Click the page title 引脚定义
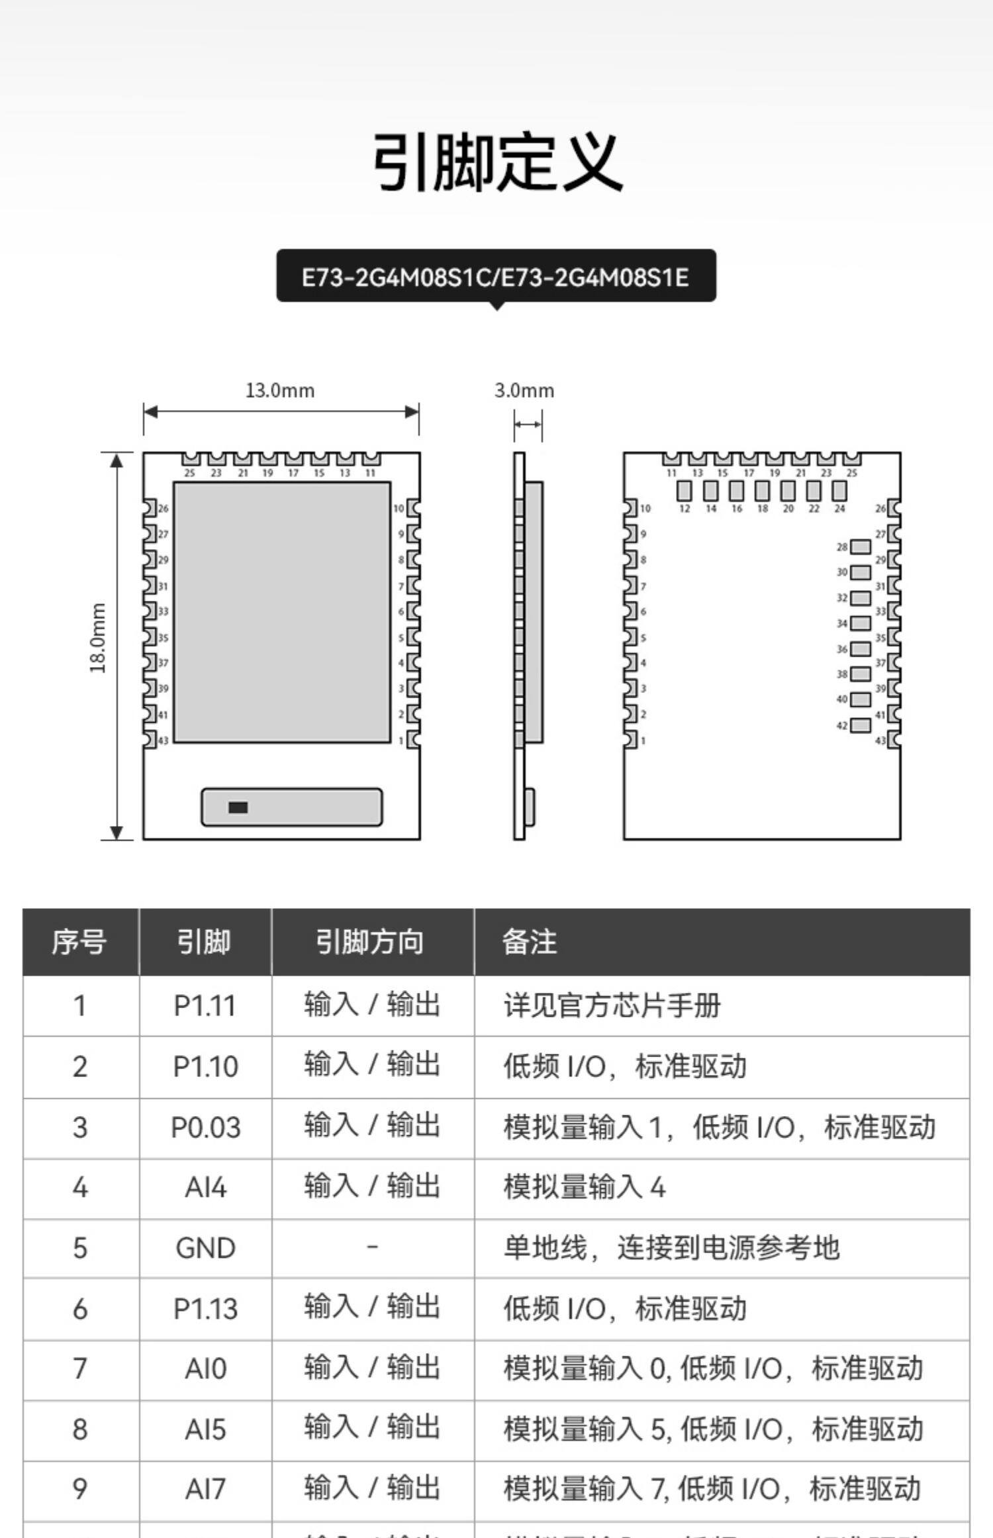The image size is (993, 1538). point(498,162)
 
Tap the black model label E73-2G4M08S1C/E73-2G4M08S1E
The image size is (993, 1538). point(496,276)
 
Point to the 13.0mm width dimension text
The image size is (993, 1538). point(280,390)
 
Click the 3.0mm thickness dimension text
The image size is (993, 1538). point(524,390)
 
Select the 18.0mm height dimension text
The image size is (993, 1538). point(98,638)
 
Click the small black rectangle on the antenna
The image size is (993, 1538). point(238,807)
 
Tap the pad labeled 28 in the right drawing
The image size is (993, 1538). point(860,546)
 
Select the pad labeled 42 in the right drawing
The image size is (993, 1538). point(860,725)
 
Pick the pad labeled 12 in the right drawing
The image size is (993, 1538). point(685,491)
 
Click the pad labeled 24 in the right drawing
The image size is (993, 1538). point(839,491)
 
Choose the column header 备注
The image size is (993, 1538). point(530,942)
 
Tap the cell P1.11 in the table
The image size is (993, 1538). point(205,1006)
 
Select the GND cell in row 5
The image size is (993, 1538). point(205,1249)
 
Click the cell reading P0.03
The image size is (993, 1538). point(205,1127)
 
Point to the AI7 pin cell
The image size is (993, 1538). point(205,1489)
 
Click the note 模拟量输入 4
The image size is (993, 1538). point(585,1187)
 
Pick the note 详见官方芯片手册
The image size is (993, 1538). point(612,1006)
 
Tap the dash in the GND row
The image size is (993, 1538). point(372,1247)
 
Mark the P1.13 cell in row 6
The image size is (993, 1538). point(205,1309)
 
